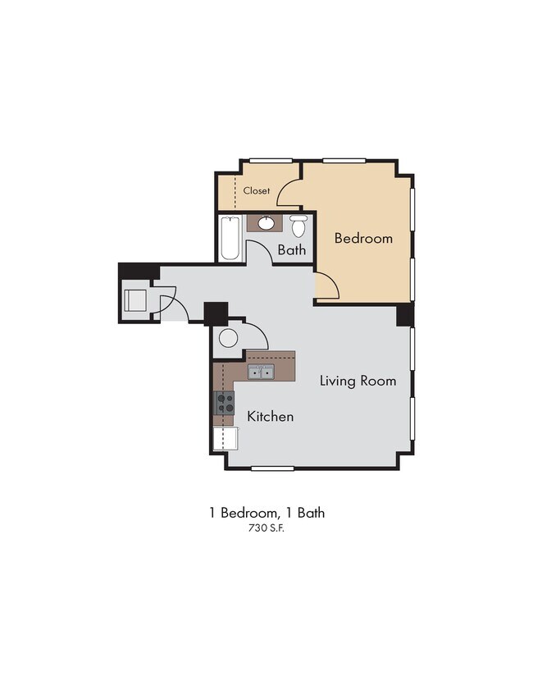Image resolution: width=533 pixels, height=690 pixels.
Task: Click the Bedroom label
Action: coord(363,239)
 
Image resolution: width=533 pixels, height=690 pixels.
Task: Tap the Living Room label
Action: coord(358,381)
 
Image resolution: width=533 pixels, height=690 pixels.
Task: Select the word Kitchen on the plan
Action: coord(270,417)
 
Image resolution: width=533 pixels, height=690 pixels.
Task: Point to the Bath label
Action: coord(291,249)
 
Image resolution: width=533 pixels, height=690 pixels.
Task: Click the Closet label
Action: coord(257,190)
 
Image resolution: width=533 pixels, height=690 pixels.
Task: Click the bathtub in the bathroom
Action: coord(230,238)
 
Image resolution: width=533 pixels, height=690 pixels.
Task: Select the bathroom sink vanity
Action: coord(266,222)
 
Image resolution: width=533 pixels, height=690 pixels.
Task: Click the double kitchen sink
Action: coord(262,373)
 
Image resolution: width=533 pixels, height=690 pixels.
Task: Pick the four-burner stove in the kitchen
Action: coord(225,403)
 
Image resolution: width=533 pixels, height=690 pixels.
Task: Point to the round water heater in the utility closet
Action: coord(229,338)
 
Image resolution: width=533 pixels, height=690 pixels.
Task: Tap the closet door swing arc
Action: coord(288,194)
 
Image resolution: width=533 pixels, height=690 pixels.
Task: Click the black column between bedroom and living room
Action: coord(405,315)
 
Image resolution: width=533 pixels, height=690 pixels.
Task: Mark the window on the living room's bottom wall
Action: coord(272,468)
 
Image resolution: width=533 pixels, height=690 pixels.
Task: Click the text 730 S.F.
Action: coord(266,529)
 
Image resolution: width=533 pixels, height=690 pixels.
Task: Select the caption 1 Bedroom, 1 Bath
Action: coord(266,513)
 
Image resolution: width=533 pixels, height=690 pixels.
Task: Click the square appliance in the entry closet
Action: coord(134,299)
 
